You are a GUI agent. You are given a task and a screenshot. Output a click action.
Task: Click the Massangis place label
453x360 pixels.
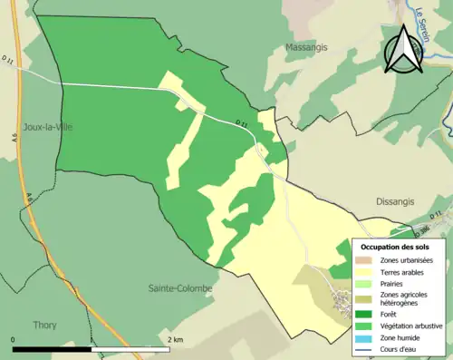click(x=306, y=47)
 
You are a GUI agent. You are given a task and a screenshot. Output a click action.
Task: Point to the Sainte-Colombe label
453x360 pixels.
click(x=181, y=288)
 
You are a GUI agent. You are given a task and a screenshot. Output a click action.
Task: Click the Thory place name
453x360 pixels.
click(x=44, y=325)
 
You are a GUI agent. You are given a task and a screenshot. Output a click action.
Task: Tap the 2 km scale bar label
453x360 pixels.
click(x=177, y=339)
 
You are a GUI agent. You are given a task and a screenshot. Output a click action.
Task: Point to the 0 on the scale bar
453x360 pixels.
click(x=14, y=339)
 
